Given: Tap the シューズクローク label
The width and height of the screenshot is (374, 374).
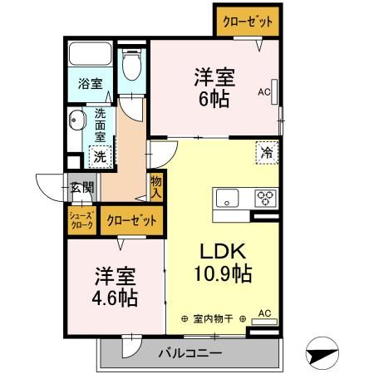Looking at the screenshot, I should pyautogui.click(x=82, y=219).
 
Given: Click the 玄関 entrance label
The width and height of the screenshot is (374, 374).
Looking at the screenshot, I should pyautogui.click(x=81, y=187).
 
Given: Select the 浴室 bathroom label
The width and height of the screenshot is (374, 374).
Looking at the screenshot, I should pyautogui.click(x=90, y=84).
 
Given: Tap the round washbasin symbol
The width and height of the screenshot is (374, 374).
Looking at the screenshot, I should pyautogui.click(x=79, y=120).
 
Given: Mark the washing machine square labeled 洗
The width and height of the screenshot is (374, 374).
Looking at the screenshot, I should pyautogui.click(x=99, y=155).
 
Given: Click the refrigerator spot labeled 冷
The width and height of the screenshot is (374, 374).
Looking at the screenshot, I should pyautogui.click(x=267, y=152).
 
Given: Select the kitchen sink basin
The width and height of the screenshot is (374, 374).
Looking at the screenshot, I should pyautogui.click(x=227, y=199).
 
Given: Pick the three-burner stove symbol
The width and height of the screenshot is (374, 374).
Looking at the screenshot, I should pyautogui.click(x=265, y=198).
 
